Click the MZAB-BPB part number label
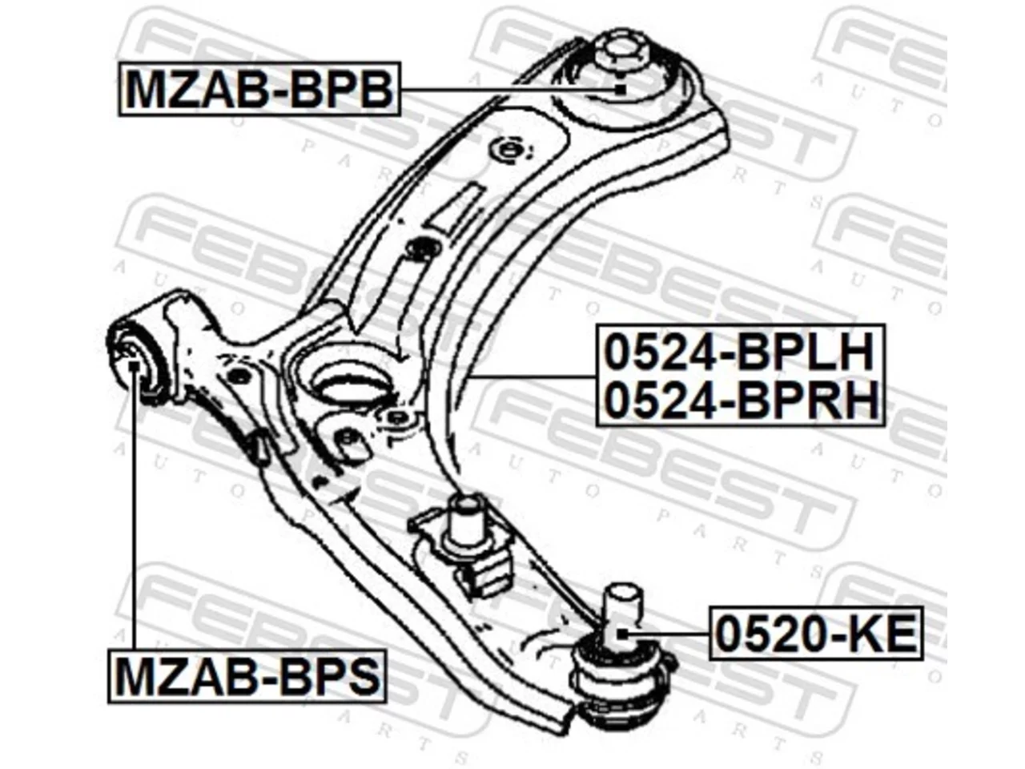pyautogui.click(x=259, y=89)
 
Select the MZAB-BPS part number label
pyautogui.click(x=247, y=677)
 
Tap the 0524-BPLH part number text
pyautogui.click(x=738, y=351)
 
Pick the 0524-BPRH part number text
pyautogui.click(x=741, y=399)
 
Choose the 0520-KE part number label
pyautogui.click(x=816, y=634)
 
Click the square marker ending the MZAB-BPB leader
pyautogui.click(x=620, y=89)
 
